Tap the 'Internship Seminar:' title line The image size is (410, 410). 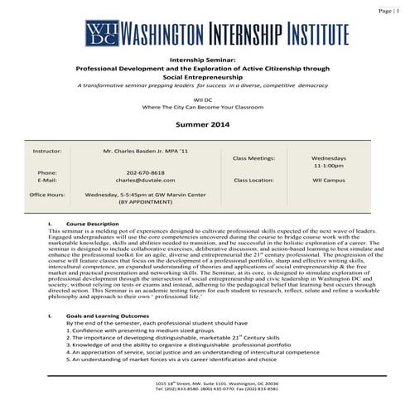pyautogui.click(x=204, y=60)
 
